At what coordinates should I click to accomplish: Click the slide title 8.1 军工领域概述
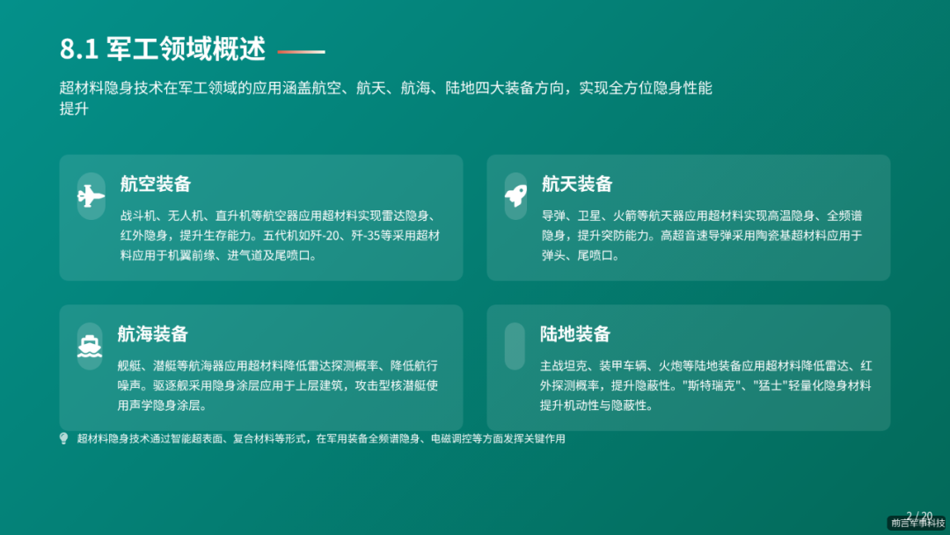(163, 49)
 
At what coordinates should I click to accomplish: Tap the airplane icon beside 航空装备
(91, 196)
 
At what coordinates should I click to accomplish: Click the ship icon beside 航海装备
(90, 346)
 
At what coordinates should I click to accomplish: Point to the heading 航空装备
(156, 184)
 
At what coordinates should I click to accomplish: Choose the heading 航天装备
(576, 184)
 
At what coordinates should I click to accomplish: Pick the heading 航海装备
(152, 334)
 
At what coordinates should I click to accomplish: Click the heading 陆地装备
(575, 334)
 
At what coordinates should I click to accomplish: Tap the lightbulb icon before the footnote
(63, 438)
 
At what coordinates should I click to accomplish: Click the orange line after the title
(301, 52)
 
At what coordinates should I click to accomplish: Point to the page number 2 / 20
(919, 516)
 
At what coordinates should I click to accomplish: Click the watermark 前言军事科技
(917, 524)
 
